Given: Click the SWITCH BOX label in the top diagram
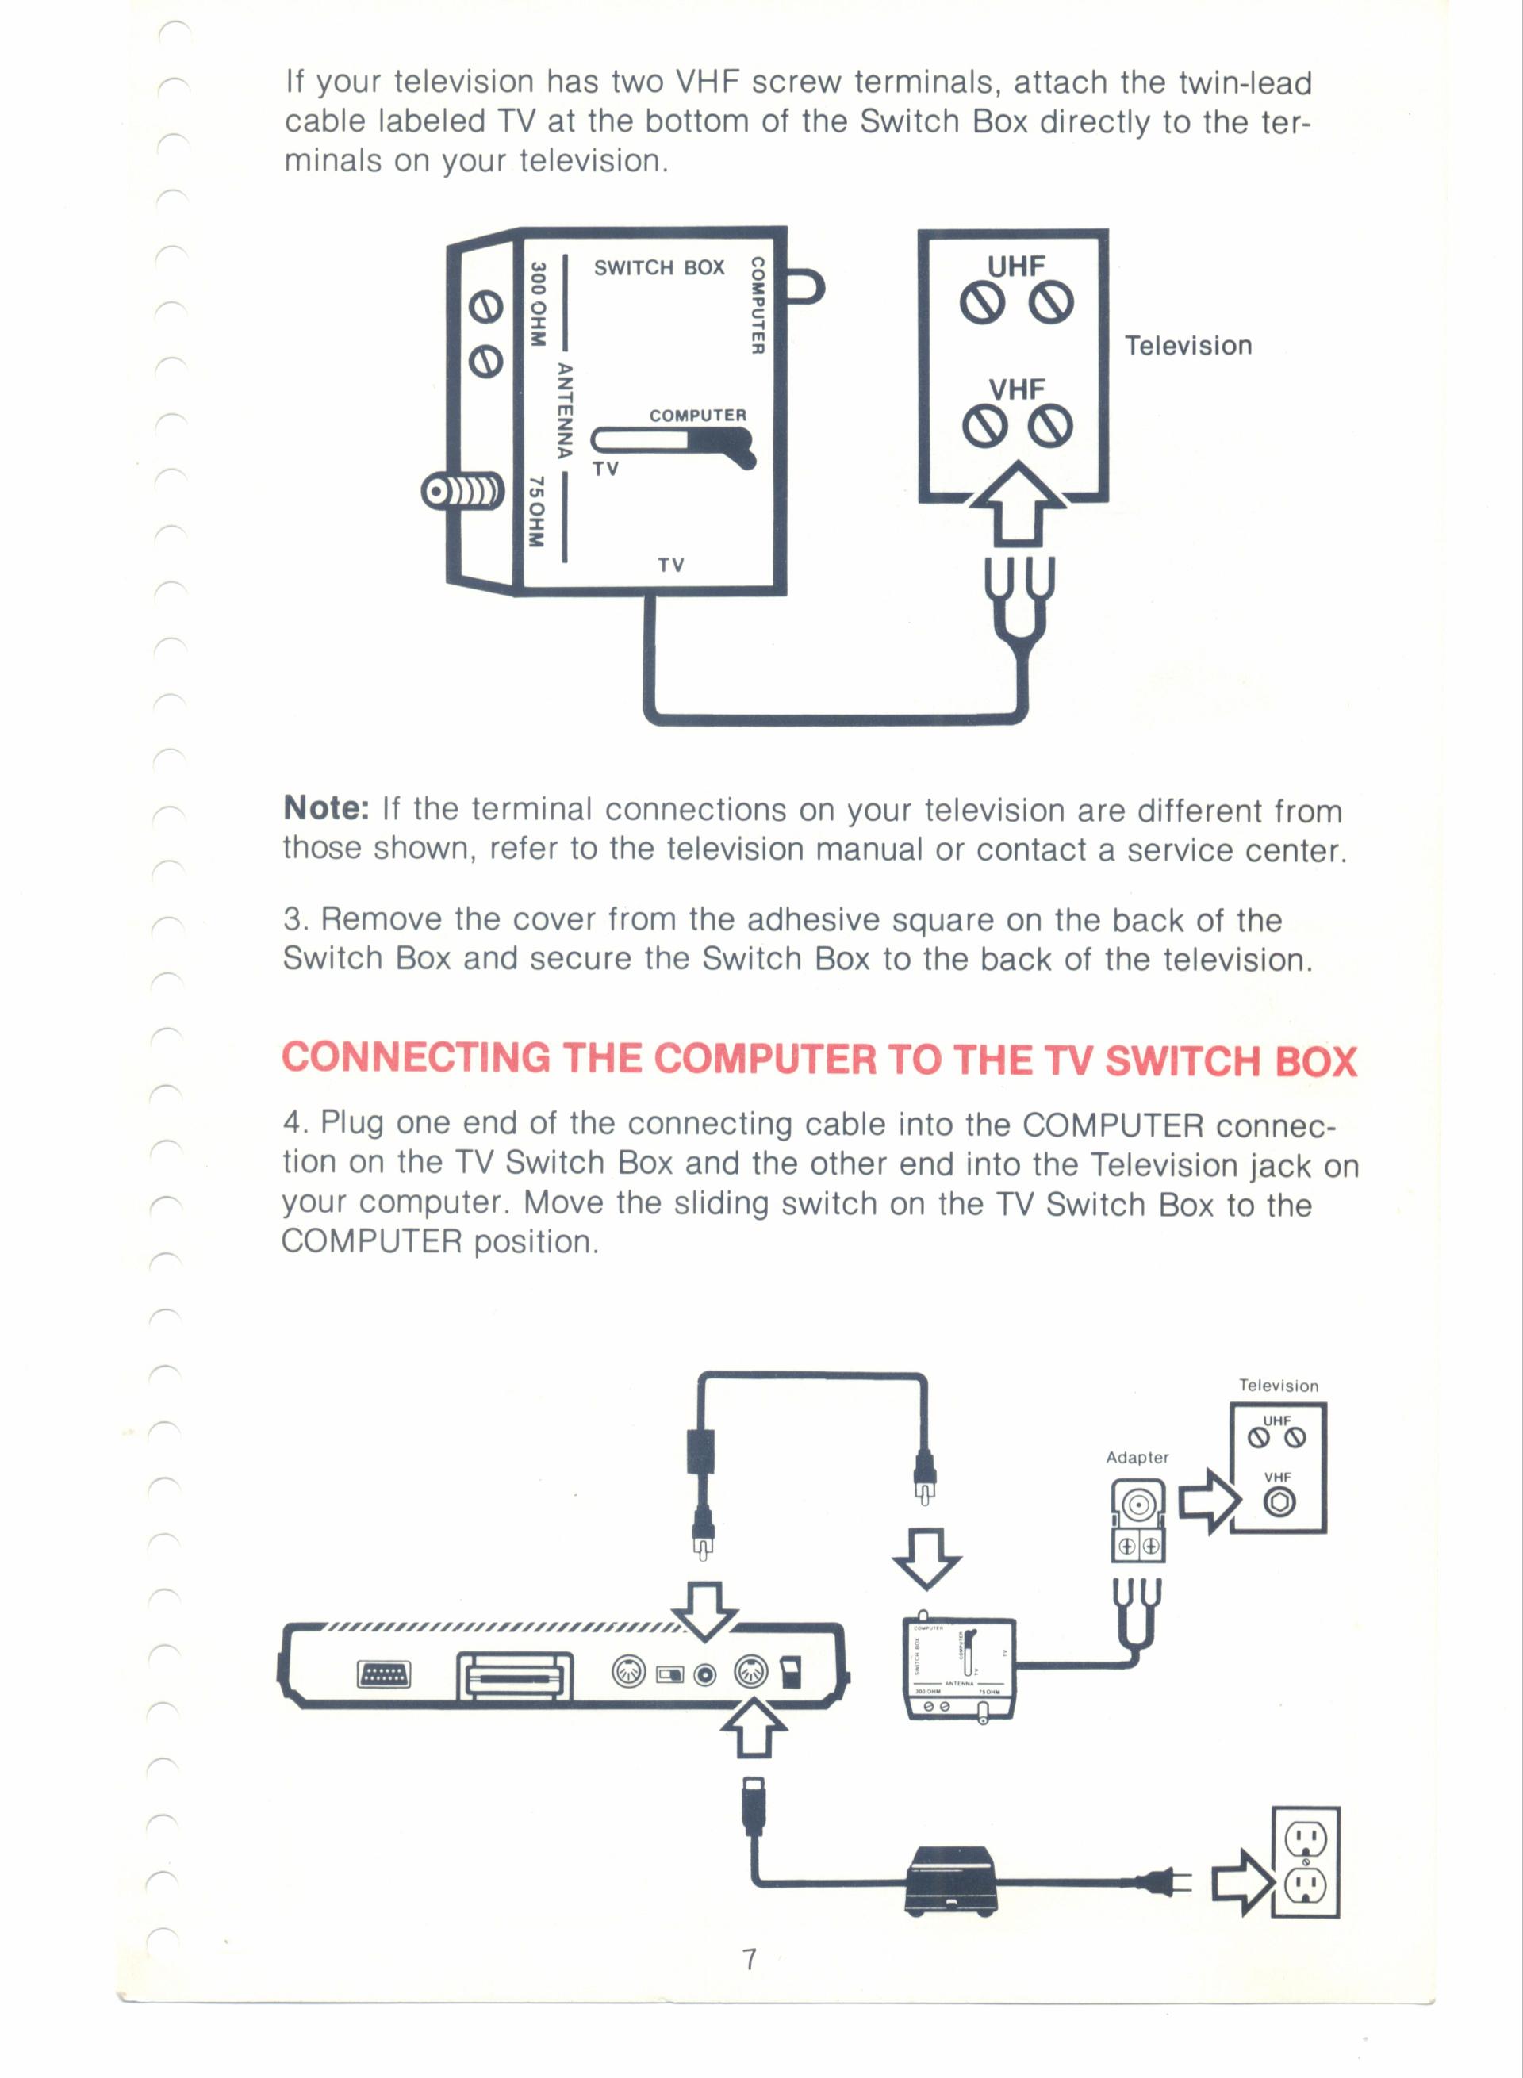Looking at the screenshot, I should (x=658, y=267).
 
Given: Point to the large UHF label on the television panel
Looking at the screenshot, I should (x=1016, y=266).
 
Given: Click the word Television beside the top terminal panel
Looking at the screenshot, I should (x=1188, y=346).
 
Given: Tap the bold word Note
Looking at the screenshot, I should (x=326, y=807).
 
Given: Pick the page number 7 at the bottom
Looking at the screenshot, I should (x=750, y=1958).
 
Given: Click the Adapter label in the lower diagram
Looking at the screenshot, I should (x=1137, y=1457).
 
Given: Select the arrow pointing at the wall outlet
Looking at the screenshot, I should (x=1243, y=1881).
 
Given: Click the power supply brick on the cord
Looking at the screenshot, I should (x=951, y=1881).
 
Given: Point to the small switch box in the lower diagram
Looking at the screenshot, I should (x=960, y=1668).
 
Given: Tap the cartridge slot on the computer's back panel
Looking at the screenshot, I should (x=515, y=1675).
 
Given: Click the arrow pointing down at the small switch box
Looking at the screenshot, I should (x=926, y=1558).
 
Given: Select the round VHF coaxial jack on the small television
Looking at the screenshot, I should (x=1278, y=1503).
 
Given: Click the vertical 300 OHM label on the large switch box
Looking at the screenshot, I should (x=538, y=305).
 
